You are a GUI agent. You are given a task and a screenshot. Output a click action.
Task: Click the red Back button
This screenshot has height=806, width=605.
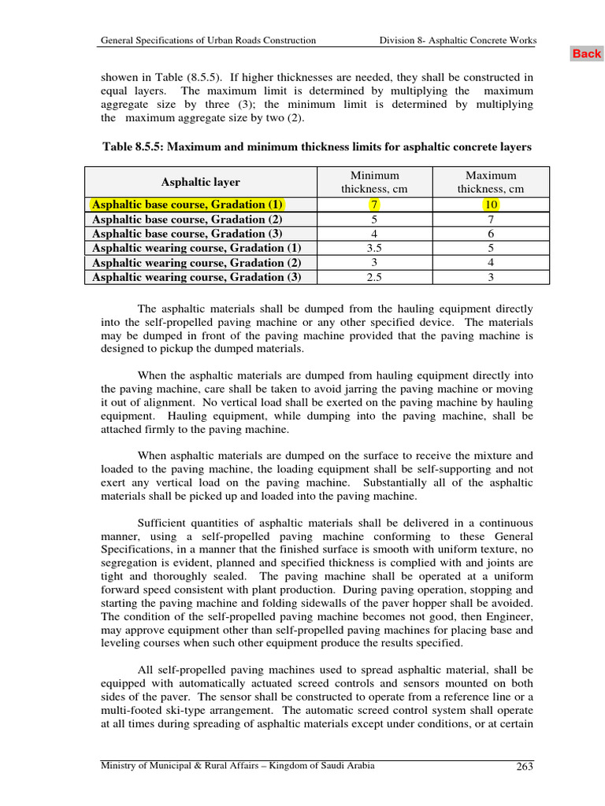click(x=586, y=54)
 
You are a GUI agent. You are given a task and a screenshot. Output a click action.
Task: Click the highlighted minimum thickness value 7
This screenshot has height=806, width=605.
click(x=374, y=205)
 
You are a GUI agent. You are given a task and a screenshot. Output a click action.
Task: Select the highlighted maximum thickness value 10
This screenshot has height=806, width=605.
click(x=491, y=205)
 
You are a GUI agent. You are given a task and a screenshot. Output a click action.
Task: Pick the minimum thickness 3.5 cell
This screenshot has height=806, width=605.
click(x=374, y=248)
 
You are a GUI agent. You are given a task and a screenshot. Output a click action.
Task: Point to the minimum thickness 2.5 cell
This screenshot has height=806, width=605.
click(x=374, y=277)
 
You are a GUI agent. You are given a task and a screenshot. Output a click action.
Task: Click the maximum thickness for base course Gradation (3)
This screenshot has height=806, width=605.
click(x=491, y=234)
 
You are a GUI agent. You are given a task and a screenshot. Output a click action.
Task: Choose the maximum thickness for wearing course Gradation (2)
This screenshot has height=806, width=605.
click(x=491, y=263)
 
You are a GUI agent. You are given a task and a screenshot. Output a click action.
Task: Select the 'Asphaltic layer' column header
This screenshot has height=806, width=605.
click(x=201, y=183)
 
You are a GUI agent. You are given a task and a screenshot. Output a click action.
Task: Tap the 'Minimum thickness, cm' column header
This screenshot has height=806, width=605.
click(x=374, y=183)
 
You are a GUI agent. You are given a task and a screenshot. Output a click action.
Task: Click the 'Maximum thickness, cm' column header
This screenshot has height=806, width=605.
click(x=491, y=183)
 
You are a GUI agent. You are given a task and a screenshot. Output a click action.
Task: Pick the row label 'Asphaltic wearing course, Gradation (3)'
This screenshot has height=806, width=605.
click(x=196, y=277)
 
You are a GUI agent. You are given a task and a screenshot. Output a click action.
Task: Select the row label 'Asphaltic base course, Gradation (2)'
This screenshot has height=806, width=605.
click(x=187, y=220)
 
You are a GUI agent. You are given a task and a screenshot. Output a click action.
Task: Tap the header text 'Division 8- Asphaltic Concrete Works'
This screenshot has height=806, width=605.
click(x=458, y=40)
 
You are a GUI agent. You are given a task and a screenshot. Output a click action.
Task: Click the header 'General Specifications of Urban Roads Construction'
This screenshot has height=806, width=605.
click(x=209, y=40)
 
